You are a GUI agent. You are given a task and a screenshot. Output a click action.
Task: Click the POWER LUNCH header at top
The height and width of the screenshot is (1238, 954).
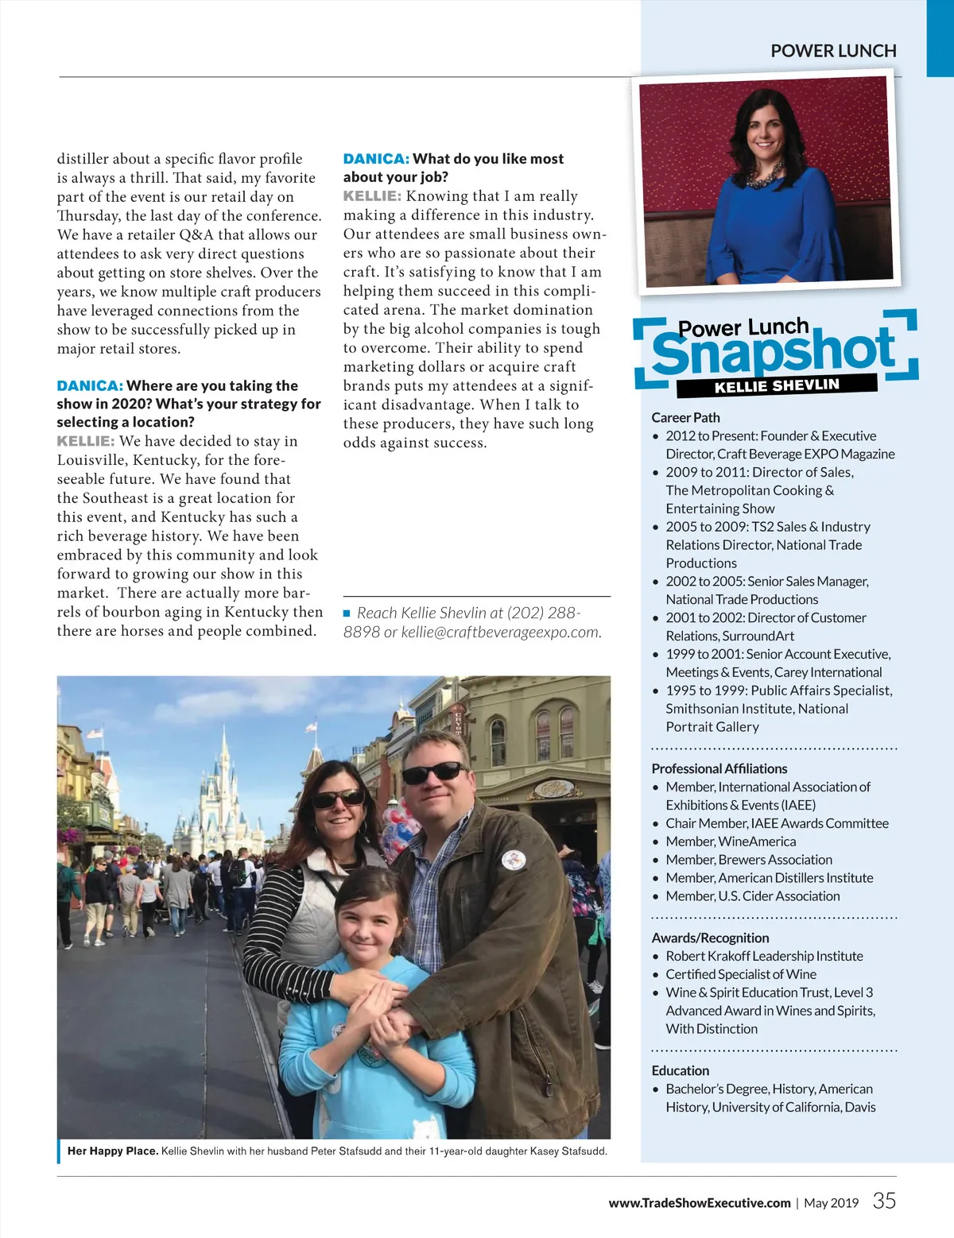point(833,51)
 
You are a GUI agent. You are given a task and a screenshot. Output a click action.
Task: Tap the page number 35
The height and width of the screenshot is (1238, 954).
point(884,1201)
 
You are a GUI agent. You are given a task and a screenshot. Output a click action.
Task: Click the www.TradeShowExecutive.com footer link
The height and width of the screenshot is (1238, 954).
point(700,1203)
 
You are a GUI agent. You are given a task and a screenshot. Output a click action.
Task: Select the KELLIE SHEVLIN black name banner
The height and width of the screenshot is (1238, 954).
point(777,386)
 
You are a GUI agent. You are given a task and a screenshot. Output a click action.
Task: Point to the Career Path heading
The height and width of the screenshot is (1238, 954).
point(685,417)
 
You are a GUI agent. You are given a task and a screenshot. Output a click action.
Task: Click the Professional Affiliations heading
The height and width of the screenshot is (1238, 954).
point(719,768)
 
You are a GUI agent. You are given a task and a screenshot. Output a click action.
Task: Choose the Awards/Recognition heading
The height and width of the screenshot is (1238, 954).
point(710,938)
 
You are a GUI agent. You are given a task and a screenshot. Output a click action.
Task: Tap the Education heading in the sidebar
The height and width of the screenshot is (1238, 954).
point(680,1070)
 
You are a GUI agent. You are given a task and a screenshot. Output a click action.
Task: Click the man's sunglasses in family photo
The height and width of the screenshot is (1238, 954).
point(434,771)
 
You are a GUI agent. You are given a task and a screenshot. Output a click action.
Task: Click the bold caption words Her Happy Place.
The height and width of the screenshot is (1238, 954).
point(113,1151)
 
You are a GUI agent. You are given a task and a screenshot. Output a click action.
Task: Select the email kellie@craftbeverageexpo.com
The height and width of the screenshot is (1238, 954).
point(500,633)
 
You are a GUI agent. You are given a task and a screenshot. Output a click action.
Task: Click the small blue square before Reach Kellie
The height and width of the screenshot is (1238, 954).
point(347,613)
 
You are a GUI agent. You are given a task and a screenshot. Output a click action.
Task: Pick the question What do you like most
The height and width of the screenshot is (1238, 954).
point(487,159)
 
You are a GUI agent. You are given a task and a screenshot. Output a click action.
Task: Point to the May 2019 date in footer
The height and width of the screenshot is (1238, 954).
point(831,1203)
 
